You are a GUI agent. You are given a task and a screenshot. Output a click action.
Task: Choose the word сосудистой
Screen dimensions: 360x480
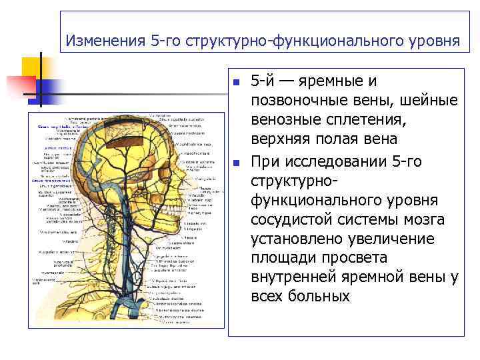point(290,221)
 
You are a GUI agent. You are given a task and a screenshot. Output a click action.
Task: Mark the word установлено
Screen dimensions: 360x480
point(296,240)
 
